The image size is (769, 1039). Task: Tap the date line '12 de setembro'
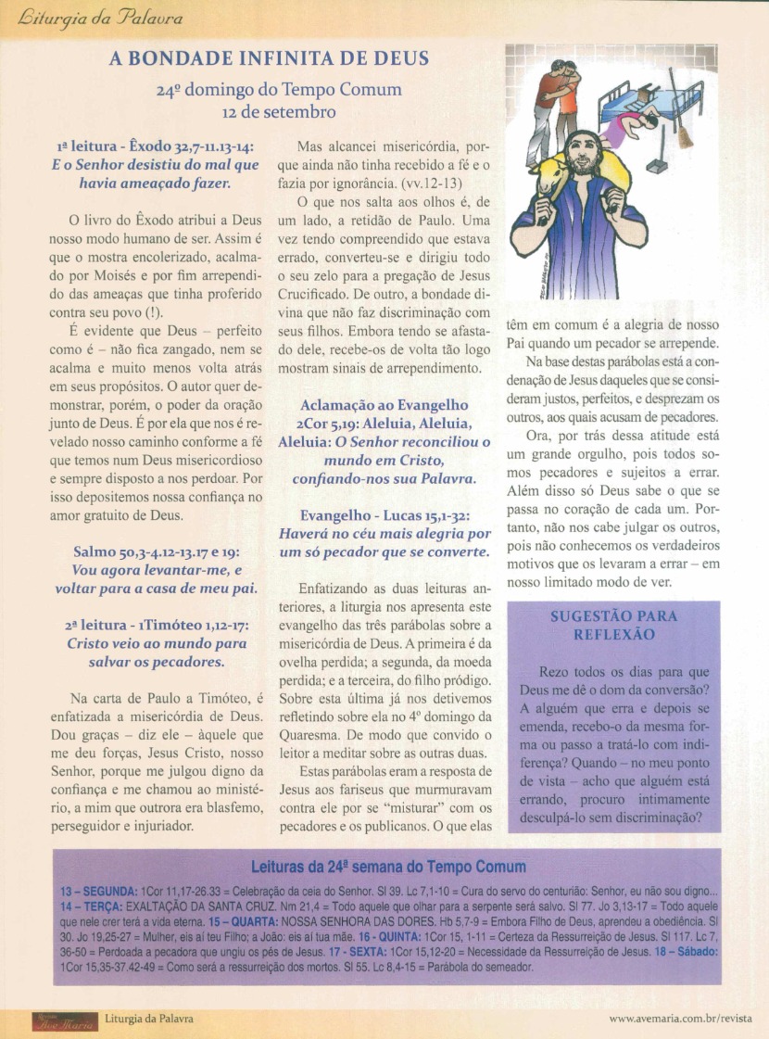(269, 111)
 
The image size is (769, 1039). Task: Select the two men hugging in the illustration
(553, 102)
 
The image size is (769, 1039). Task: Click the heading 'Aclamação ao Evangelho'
(384, 405)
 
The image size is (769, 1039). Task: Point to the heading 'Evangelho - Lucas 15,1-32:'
(384, 515)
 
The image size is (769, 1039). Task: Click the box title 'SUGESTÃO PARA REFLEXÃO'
(613, 625)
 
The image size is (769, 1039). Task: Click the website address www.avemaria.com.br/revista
(681, 1018)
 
